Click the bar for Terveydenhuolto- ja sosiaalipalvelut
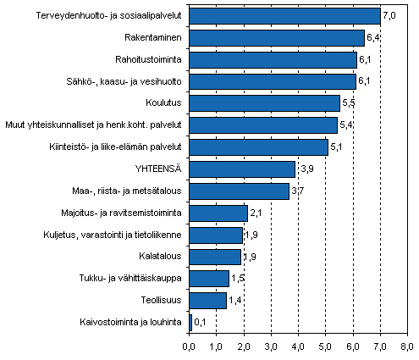click(284, 16)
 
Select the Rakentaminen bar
click(276, 38)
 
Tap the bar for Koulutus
click(264, 103)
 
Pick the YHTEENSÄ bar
click(242, 169)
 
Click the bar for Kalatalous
click(215, 256)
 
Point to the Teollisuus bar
click(207, 299)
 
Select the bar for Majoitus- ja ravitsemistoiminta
click(218, 213)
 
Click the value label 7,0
click(390, 16)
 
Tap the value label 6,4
click(373, 38)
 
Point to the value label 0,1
click(201, 322)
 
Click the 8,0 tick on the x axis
click(407, 346)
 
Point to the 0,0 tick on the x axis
click(189, 346)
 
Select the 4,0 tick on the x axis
click(298, 346)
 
